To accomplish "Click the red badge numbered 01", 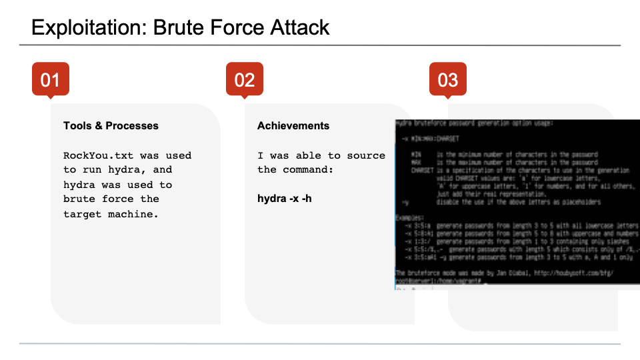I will (x=51, y=79).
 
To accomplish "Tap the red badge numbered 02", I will (x=245, y=79).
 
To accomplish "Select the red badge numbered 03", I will (x=447, y=79).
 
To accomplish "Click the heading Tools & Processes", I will (x=111, y=125).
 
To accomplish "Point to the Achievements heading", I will (x=293, y=125).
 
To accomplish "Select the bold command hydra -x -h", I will (x=285, y=199).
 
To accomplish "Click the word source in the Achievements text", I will (x=365, y=155).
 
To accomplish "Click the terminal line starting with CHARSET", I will (x=513, y=171).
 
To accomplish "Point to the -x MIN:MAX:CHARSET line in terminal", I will (x=427, y=138).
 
